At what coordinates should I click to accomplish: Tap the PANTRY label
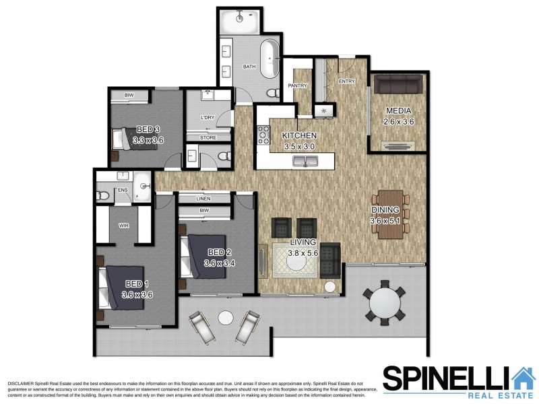pos(298,86)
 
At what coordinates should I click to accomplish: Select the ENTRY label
pos(347,81)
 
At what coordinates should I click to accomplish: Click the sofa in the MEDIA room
pos(398,85)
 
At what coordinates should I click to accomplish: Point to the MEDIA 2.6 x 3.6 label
pos(398,116)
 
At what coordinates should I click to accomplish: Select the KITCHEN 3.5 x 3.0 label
pos(300,141)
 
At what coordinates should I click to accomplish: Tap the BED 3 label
pos(148,135)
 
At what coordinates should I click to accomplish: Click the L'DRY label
pos(208,118)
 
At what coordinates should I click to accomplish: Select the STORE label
pos(208,138)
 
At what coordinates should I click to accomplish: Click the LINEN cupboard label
pos(203,199)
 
